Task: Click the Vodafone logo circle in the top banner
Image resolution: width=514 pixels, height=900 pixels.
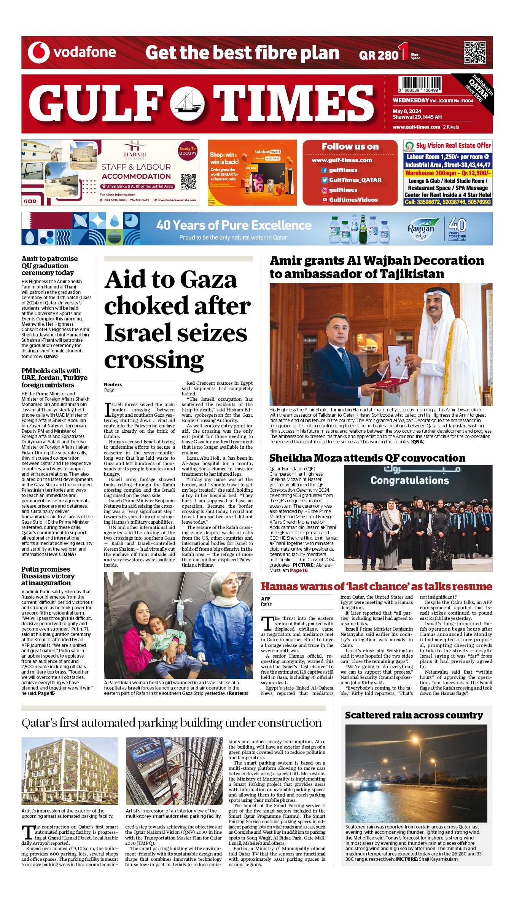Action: point(38,53)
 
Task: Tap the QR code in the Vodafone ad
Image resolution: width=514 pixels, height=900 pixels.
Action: point(475,53)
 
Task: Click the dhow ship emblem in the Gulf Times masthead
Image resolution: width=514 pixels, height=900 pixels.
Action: point(187,104)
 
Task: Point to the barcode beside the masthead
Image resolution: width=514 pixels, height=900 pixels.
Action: point(420,84)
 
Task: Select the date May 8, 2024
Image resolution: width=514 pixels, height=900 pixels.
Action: point(407,111)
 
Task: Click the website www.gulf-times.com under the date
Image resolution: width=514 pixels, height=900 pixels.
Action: point(416,127)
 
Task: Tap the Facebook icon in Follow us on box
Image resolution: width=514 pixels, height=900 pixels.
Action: point(325,170)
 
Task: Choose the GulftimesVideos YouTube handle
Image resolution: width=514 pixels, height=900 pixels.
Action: point(353,200)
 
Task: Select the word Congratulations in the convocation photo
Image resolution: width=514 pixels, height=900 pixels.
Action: point(409,481)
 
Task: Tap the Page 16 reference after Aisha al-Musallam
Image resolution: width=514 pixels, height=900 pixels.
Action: point(299,570)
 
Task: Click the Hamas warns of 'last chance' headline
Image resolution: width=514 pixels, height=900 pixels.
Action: point(376,586)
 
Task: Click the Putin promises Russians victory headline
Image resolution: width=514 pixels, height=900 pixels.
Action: point(48,576)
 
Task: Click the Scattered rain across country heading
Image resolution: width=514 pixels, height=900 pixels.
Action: point(414,715)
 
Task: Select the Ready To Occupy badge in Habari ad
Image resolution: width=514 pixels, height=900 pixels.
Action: point(188,151)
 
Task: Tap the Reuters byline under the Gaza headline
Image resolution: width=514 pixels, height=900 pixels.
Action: point(113,385)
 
